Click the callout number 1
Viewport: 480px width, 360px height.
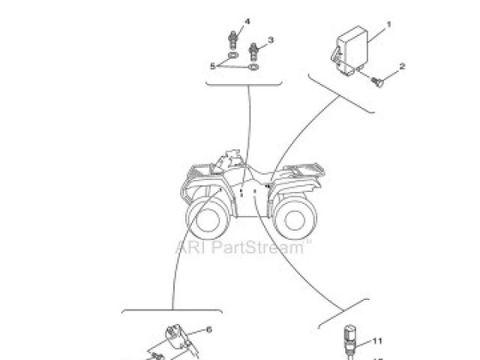coord(390,24)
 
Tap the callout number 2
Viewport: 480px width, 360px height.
coord(403,66)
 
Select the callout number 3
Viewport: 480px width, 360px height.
coord(271,40)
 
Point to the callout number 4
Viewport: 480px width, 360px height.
coord(247,20)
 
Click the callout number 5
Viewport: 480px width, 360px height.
coord(212,66)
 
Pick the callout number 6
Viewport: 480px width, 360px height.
coord(208,329)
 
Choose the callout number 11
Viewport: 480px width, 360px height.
coord(377,340)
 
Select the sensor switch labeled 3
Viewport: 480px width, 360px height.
coord(254,52)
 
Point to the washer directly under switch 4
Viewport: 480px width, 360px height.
coord(235,56)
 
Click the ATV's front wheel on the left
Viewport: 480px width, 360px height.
coord(206,217)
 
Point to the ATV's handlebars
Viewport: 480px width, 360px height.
coord(229,159)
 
